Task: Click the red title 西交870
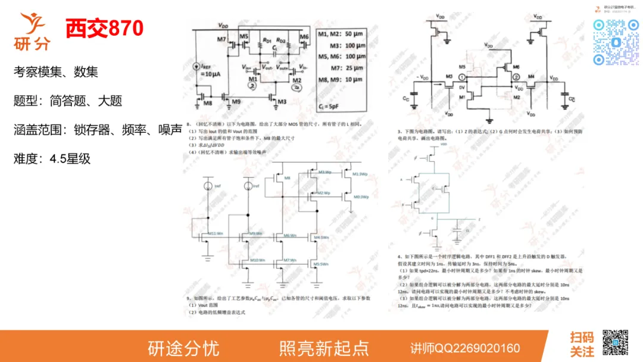click(104, 27)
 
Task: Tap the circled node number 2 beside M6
click(516, 78)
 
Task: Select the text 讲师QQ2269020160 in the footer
click(465, 348)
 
